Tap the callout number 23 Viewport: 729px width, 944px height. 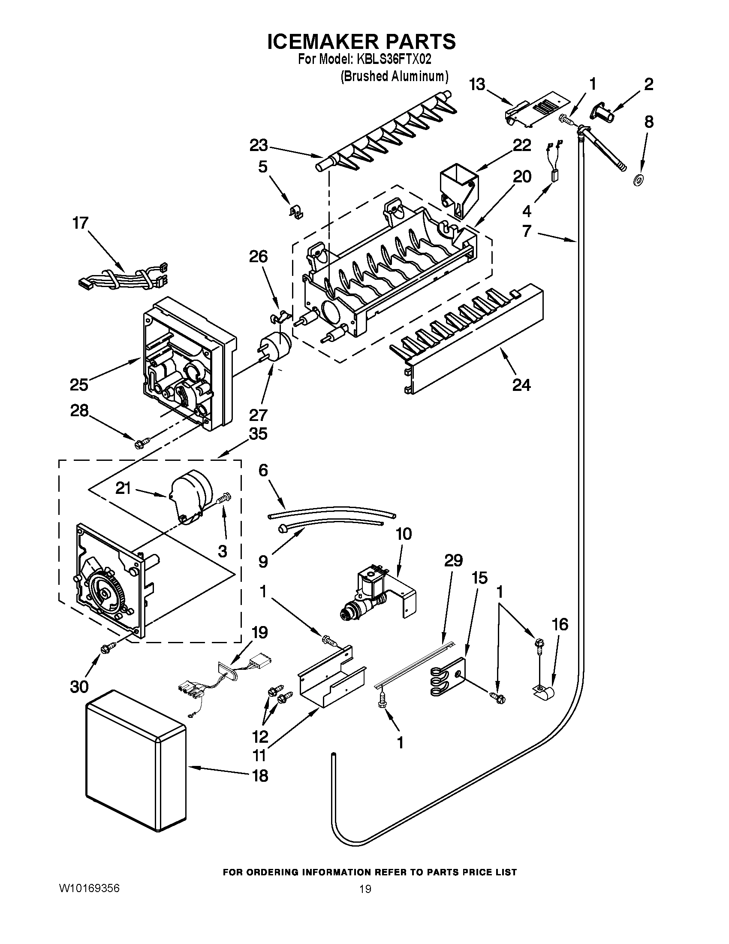coord(259,145)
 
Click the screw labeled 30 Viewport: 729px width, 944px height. coord(107,649)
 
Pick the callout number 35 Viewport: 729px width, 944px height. coord(258,433)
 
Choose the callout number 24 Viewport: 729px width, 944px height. coord(521,384)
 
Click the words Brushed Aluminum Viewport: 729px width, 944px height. coord(394,76)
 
